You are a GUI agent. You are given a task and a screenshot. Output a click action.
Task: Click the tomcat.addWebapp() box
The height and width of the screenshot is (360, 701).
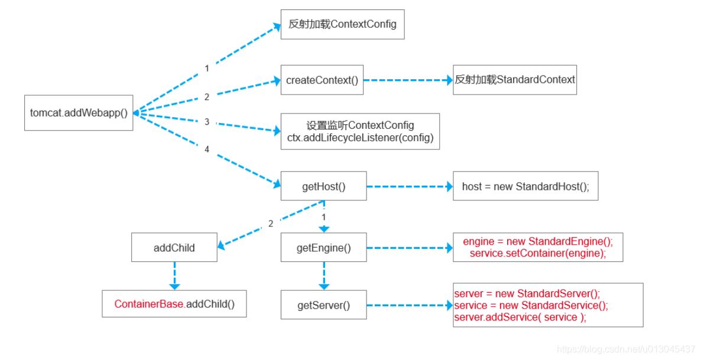tap(79, 112)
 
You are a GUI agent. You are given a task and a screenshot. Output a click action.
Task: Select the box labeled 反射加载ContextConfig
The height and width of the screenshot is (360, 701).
tap(342, 24)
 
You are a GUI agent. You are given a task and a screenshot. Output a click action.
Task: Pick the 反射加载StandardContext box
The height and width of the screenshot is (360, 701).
tap(514, 80)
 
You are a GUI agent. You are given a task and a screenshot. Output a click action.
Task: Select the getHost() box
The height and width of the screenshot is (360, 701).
tap(323, 186)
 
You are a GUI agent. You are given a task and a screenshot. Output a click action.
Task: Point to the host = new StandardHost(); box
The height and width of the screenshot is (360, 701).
tap(525, 186)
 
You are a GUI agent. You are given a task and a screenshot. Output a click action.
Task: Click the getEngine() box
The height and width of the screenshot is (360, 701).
tap(323, 248)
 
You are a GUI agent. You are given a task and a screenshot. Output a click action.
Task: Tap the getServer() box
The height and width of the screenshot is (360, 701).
tap(323, 306)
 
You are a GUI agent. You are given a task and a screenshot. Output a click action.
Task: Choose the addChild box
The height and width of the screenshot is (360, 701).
tap(174, 248)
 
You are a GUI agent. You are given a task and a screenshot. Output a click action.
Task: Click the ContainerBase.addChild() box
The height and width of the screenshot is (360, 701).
tap(174, 304)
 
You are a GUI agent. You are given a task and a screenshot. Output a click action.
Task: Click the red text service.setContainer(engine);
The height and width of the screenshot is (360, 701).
tap(538, 253)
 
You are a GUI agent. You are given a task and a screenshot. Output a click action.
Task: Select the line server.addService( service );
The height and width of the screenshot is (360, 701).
tap(520, 317)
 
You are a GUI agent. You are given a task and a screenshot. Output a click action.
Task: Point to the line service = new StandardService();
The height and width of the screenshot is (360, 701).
tap(531, 306)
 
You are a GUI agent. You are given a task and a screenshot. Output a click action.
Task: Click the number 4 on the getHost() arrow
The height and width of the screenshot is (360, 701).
tap(207, 150)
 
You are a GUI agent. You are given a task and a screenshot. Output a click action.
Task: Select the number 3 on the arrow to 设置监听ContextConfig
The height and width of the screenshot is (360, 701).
tap(207, 121)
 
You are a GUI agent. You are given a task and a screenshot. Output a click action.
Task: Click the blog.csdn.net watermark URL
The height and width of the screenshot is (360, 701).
tap(626, 349)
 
